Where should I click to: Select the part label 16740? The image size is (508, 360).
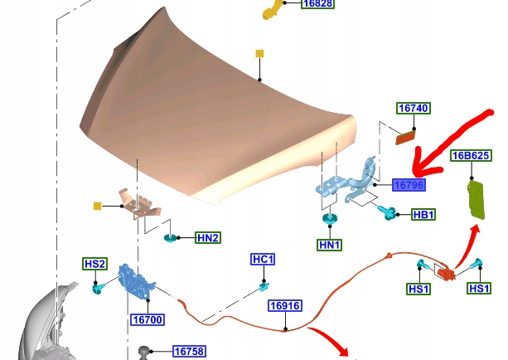pyautogui.click(x=413, y=109)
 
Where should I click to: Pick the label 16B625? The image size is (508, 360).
pyautogui.click(x=470, y=155)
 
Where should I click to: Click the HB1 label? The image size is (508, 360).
pyautogui.click(x=423, y=215)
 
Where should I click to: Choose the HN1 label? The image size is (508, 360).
pyautogui.click(x=330, y=245)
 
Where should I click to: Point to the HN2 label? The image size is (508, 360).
pyautogui.click(x=208, y=238)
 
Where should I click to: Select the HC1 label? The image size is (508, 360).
pyautogui.click(x=263, y=260)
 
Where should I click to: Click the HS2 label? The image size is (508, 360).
pyautogui.click(x=94, y=265)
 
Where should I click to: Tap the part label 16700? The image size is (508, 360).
pyautogui.click(x=147, y=319)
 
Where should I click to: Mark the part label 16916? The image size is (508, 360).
pyautogui.click(x=283, y=306)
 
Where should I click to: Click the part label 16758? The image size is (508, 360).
pyautogui.click(x=188, y=352)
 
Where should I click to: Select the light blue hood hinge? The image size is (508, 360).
pyautogui.click(x=348, y=182)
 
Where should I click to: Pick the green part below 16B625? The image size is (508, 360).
pyautogui.click(x=476, y=199)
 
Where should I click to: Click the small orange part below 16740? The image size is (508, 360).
pyautogui.click(x=406, y=136)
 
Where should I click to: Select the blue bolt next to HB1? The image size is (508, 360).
pyautogui.click(x=385, y=214)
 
